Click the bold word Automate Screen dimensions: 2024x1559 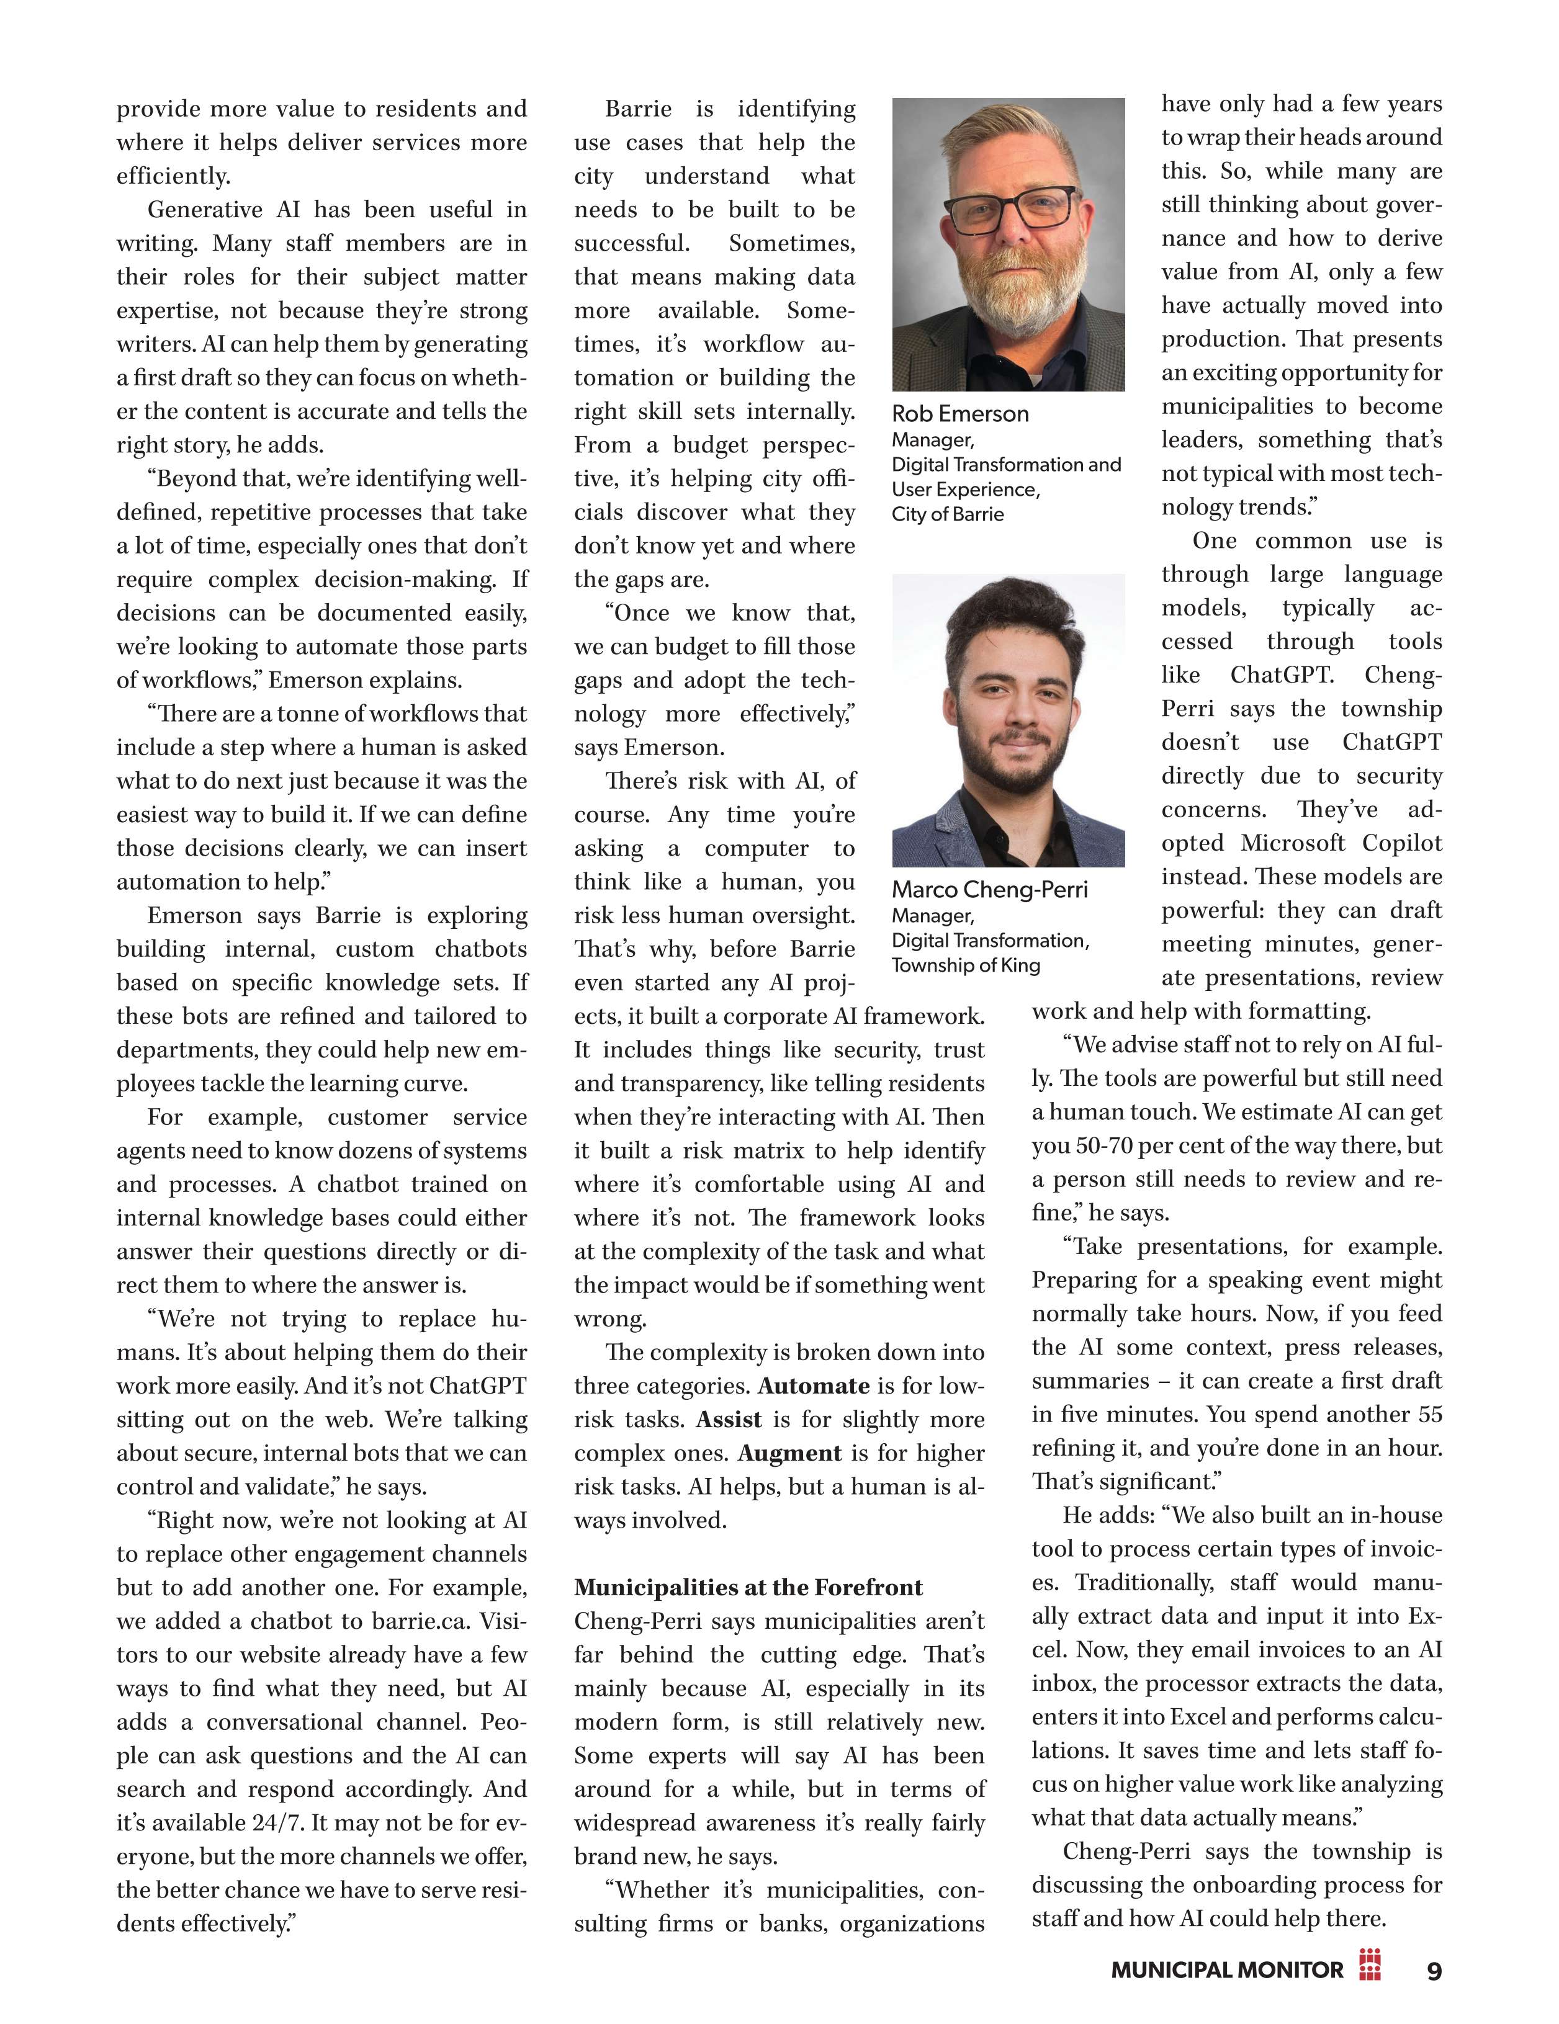pyautogui.click(x=813, y=1386)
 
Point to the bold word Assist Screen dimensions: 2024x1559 pyautogui.click(x=729, y=1420)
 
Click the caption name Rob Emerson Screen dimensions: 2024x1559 pyautogui.click(x=959, y=414)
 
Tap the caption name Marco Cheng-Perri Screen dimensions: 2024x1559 pyautogui.click(x=989, y=890)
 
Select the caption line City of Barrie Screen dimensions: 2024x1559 pyautogui.click(x=947, y=514)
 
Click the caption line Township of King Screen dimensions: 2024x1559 pyautogui.click(x=965, y=965)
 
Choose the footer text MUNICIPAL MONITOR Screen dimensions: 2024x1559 pyautogui.click(x=1226, y=1970)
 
